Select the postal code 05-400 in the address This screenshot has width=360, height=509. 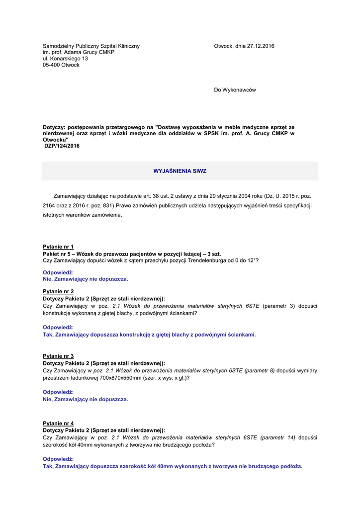[x=51, y=65]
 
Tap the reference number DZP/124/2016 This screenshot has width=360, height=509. [x=62, y=146]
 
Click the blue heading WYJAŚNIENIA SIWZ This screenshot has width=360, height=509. [x=180, y=171]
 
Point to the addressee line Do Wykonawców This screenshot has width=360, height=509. [x=235, y=90]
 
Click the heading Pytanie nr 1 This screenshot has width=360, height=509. [x=58, y=247]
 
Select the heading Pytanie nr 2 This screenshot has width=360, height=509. [x=58, y=291]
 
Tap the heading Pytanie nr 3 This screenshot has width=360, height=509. [x=58, y=356]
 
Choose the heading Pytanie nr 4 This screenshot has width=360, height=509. [x=58, y=423]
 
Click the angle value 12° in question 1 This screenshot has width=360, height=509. [x=252, y=260]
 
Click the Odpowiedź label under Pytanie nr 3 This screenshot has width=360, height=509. [x=58, y=392]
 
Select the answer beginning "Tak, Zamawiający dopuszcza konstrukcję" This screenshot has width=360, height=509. [x=149, y=335]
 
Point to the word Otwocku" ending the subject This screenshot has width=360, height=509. [x=56, y=140]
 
